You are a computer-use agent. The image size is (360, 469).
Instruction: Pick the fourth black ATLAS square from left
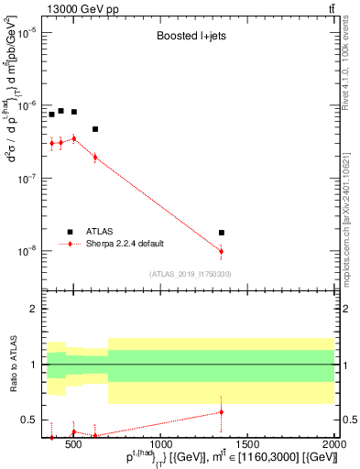pos(95,129)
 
